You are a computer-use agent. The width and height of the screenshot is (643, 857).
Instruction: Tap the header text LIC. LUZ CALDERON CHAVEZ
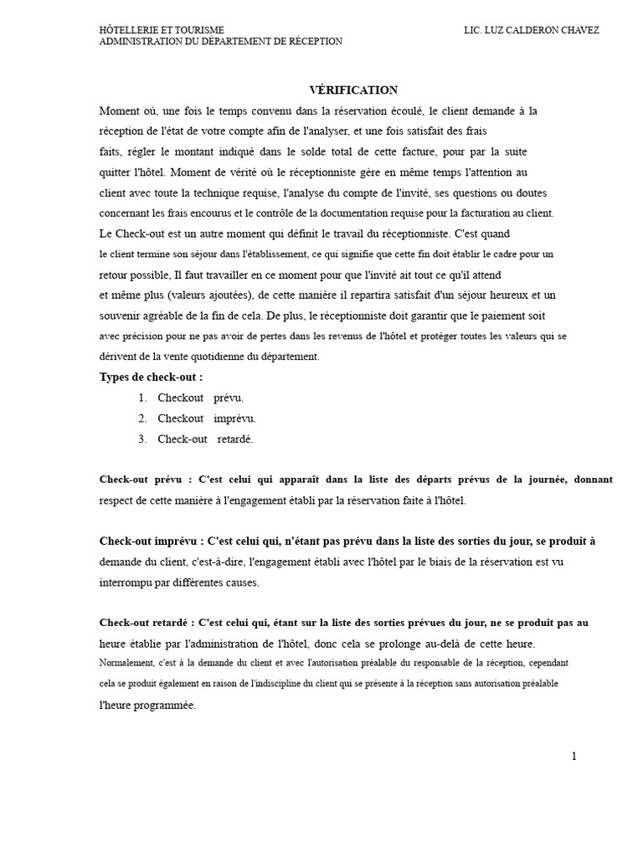pyautogui.click(x=531, y=30)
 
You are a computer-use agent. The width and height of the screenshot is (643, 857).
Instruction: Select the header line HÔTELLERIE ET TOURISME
pyautogui.click(x=162, y=30)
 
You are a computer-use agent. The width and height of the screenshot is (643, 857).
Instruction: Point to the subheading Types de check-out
pyautogui.click(x=151, y=377)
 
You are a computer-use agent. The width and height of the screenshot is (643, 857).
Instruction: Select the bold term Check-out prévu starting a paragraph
pyautogui.click(x=141, y=480)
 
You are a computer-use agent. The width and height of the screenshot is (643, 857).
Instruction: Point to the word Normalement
pyautogui.click(x=126, y=663)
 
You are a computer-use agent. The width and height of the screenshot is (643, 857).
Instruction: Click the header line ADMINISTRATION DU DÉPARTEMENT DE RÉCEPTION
pyautogui.click(x=220, y=42)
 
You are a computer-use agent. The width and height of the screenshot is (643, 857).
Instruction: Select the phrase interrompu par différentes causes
pyautogui.click(x=180, y=582)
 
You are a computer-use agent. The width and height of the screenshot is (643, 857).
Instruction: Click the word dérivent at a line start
pyautogui.click(x=116, y=357)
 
